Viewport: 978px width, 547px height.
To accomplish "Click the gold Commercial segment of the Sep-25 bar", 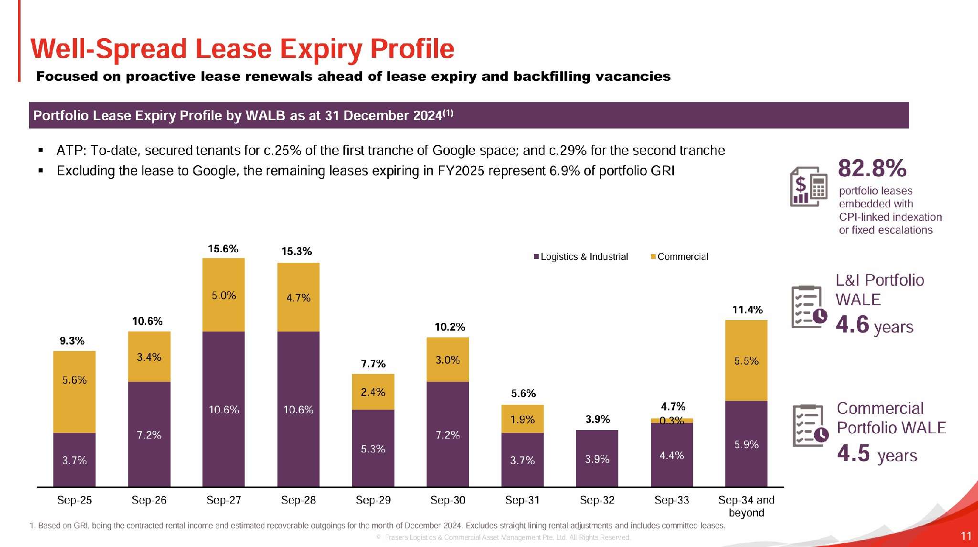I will click(x=74, y=392).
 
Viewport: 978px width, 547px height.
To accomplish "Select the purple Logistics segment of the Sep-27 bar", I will click(x=223, y=409).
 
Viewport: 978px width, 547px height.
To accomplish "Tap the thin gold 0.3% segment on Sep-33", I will click(x=671, y=420).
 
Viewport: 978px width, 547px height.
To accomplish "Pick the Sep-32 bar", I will click(x=597, y=458).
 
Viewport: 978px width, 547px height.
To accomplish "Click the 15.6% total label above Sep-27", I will click(x=223, y=249).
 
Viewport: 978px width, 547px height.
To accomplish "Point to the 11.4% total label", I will click(x=747, y=310).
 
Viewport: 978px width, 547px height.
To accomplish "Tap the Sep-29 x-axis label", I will click(x=373, y=500).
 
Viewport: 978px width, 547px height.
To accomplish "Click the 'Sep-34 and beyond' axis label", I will click(x=746, y=506).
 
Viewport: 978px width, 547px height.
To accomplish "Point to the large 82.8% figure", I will click(x=872, y=168).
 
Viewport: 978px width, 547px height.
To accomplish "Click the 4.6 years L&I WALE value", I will click(x=874, y=325).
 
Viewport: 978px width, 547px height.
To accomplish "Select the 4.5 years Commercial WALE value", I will click(x=877, y=454).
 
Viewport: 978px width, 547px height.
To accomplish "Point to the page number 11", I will click(x=966, y=536).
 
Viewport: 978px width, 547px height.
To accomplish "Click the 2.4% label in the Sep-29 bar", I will click(x=373, y=392).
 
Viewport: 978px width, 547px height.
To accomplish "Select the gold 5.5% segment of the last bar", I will click(x=746, y=361).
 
